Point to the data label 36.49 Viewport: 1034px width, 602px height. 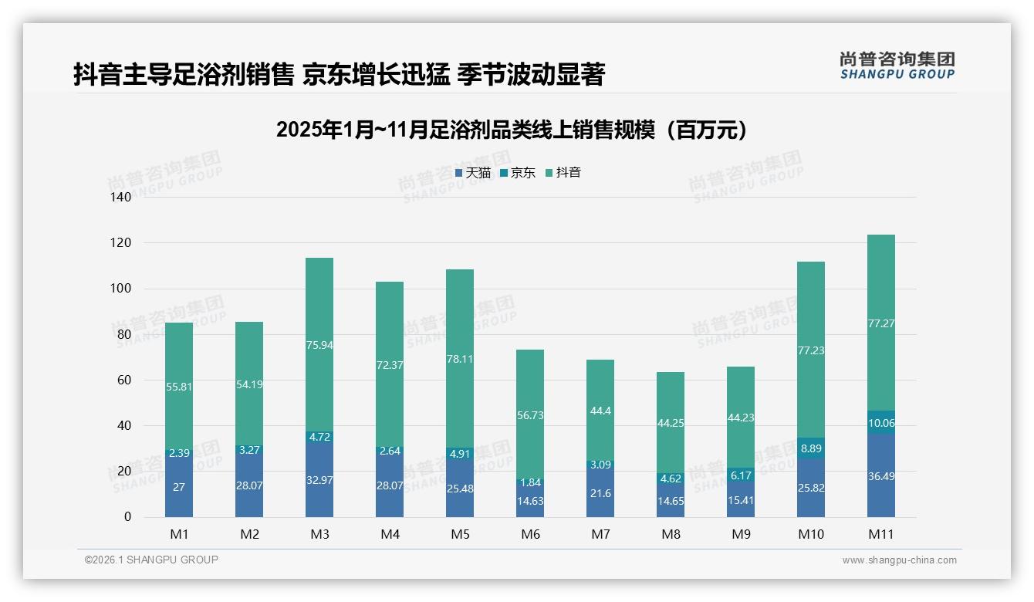pos(880,487)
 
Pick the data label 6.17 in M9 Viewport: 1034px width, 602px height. pos(741,475)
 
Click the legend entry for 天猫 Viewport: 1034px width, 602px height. pos(473,173)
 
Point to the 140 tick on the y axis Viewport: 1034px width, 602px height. pos(121,198)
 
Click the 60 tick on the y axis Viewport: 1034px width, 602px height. pos(123,380)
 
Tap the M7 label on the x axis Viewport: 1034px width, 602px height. pos(600,534)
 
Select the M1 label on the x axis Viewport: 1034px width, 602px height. pos(179,534)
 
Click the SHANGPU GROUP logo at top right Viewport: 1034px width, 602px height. pos(897,66)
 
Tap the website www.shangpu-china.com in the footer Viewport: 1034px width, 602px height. pos(899,560)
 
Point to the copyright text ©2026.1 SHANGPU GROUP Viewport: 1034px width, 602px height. pos(151,560)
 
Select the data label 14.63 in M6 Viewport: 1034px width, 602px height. pos(530,499)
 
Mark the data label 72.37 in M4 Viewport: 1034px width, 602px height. pos(390,365)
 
